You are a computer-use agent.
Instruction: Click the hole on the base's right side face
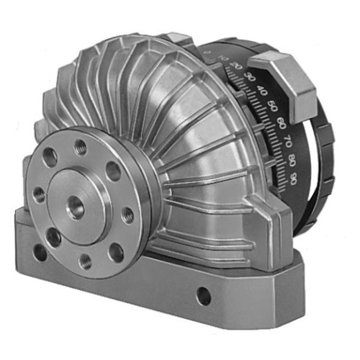tap(204, 295)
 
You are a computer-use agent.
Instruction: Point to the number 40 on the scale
tap(261, 91)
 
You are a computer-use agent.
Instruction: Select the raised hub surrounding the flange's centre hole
tap(90, 216)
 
